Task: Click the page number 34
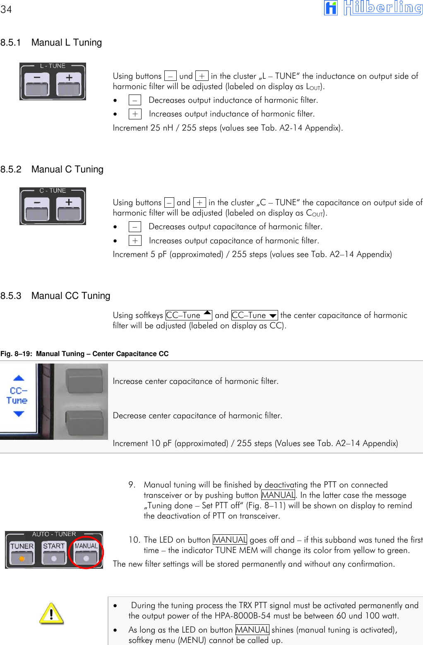click(6, 10)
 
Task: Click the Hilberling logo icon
click(331, 8)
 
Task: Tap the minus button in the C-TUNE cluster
click(37, 210)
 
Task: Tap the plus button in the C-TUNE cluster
click(69, 210)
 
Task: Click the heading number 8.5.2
click(11, 170)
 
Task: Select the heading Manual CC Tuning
click(71, 296)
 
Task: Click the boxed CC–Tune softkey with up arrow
click(189, 315)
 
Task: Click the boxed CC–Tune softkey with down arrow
click(255, 315)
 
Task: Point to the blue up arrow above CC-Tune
click(19, 378)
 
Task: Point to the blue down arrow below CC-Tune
click(19, 414)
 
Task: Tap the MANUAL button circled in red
click(86, 553)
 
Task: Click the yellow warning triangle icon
click(51, 613)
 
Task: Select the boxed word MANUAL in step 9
click(278, 495)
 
